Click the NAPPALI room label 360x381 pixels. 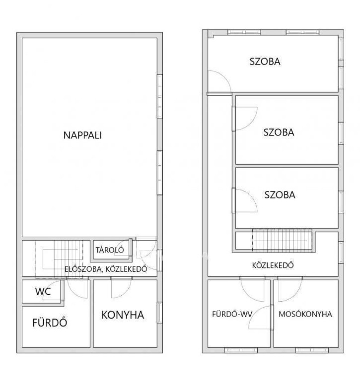(83, 135)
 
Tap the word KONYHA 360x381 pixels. (123, 315)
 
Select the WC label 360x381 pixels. (43, 291)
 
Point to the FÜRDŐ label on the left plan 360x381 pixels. (50, 322)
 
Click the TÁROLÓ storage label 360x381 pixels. (110, 250)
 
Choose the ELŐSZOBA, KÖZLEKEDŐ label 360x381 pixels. (106, 269)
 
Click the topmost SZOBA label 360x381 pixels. (265, 61)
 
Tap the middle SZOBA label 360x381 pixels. (279, 132)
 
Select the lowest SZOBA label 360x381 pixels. (280, 195)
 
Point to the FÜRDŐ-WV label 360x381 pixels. (232, 314)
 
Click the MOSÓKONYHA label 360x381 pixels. (305, 314)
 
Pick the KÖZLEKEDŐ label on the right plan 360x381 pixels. (273, 265)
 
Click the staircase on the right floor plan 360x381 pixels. (282, 240)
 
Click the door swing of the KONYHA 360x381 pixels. (121, 289)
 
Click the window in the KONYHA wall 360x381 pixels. (160, 313)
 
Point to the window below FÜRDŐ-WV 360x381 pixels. (240, 350)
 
